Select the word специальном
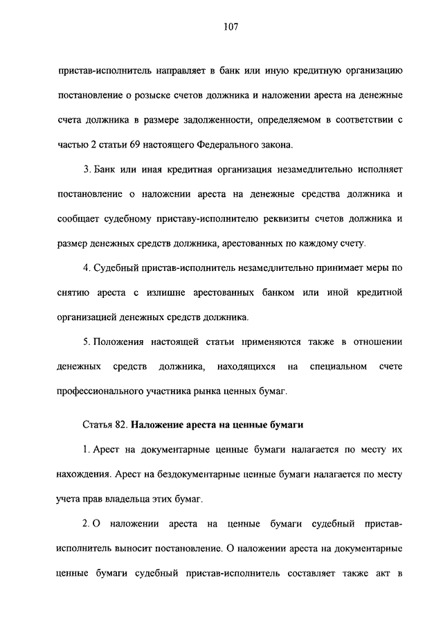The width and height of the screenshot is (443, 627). point(338,367)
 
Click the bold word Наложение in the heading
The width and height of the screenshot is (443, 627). point(155,424)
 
